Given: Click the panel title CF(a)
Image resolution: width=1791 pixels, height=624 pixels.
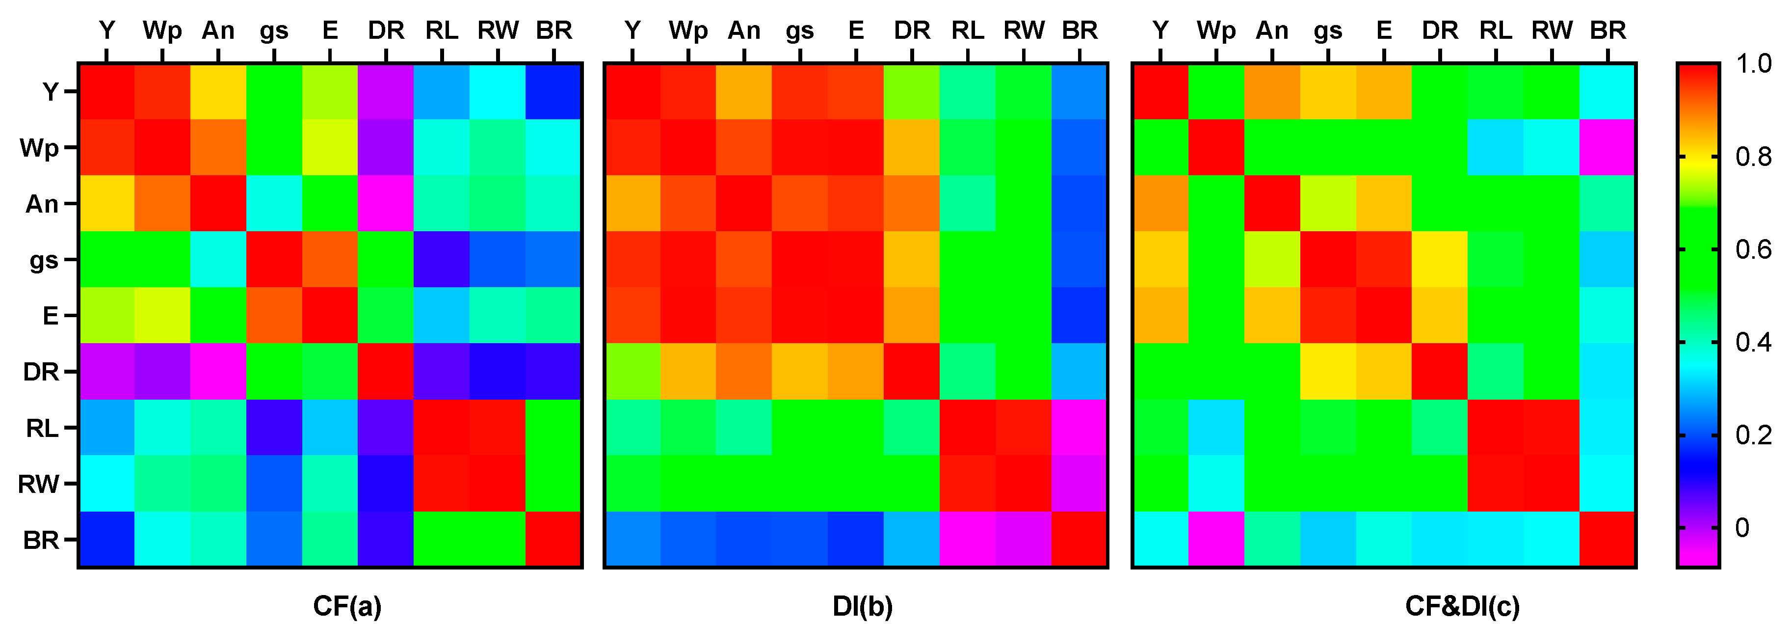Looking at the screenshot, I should [x=347, y=606].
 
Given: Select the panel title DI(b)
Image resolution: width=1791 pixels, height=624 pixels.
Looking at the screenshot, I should [x=862, y=606].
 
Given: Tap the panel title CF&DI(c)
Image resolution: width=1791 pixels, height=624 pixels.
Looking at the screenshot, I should [x=1463, y=606].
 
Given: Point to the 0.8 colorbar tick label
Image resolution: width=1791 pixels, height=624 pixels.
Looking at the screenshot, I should [x=1753, y=157].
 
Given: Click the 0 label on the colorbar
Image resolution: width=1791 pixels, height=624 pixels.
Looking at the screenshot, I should [x=1741, y=528].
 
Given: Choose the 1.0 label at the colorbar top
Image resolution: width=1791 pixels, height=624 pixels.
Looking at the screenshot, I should [x=1753, y=64].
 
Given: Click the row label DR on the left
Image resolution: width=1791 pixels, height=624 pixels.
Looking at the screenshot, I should [x=41, y=372].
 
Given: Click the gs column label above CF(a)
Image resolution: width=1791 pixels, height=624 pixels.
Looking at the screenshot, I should [x=274, y=30].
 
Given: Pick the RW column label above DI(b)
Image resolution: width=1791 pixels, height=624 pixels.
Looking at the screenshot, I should [x=1024, y=30].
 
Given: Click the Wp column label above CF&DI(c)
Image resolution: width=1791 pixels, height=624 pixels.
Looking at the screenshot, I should [x=1216, y=30].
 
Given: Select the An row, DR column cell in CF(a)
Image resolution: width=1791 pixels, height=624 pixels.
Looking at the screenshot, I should [x=386, y=204].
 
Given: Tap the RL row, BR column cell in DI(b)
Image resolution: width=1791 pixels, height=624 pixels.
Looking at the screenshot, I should [x=1079, y=428].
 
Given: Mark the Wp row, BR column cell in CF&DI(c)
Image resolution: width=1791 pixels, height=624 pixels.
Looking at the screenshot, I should [x=1607, y=147].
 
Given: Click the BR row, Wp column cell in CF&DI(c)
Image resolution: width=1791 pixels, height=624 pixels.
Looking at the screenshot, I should [x=1216, y=539].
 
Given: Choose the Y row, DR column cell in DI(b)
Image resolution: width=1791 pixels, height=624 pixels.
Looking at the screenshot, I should [x=912, y=92].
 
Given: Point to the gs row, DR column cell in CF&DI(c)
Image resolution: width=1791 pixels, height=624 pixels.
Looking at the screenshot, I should [x=1439, y=260].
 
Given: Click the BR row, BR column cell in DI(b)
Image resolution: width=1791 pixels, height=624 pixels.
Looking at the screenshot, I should [x=1079, y=539].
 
